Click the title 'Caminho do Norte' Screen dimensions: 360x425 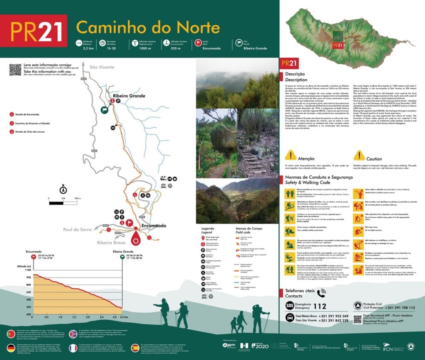148,27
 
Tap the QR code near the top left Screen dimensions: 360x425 15,70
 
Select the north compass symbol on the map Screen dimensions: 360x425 63,190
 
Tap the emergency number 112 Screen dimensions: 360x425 320,306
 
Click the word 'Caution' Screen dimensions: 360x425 374,159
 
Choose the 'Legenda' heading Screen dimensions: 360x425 208,229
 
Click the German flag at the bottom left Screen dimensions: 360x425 10,348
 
